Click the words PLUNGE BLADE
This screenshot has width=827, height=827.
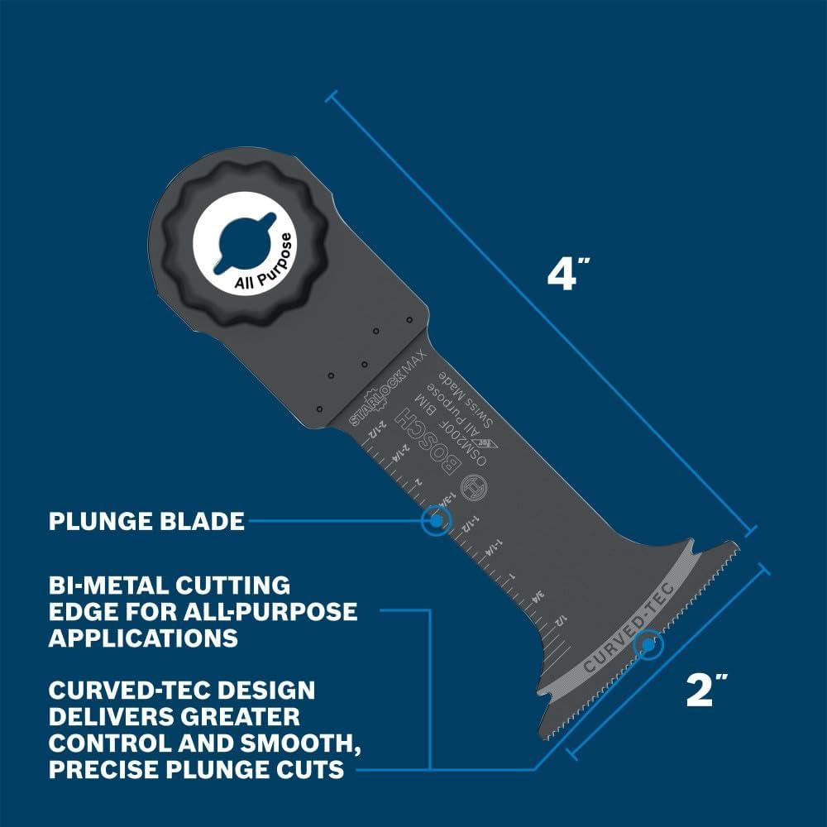(x=146, y=521)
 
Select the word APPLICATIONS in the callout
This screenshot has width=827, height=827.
(x=142, y=638)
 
